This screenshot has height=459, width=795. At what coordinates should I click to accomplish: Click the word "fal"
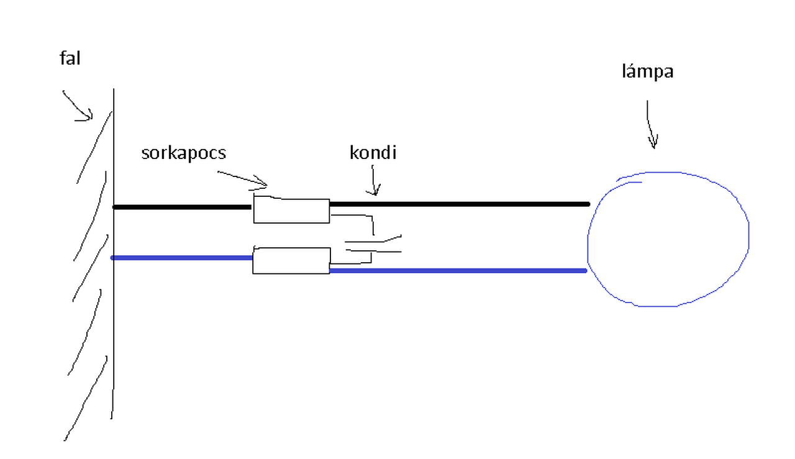point(70,60)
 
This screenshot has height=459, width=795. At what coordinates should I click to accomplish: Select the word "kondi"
point(373,153)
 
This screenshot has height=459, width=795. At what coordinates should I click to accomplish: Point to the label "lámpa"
point(648,72)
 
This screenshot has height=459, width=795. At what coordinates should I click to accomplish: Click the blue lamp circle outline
point(747,236)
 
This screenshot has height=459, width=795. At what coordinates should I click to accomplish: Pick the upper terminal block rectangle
point(291,211)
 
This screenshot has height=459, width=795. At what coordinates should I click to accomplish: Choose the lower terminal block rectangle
point(291,260)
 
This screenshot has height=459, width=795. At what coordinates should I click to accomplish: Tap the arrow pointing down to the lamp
point(650,124)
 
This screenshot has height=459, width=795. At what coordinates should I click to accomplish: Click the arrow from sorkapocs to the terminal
point(242,178)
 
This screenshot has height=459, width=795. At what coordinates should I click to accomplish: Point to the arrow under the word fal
point(77,106)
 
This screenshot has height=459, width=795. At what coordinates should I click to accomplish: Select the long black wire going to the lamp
point(460,204)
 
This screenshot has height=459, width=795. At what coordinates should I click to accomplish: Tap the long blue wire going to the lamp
point(460,271)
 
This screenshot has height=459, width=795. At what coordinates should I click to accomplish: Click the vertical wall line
point(113,311)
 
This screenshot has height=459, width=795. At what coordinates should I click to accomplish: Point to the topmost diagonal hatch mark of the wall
point(94,147)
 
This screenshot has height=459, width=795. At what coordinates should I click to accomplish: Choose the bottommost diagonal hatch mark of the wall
point(86,398)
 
